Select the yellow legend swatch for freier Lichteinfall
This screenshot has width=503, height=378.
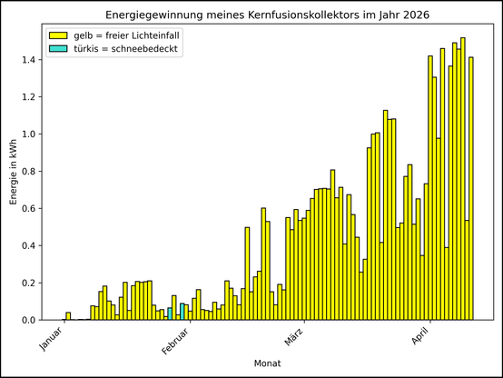(x=58, y=35)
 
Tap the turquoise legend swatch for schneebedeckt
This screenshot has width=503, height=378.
(x=58, y=48)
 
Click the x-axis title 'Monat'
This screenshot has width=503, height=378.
(x=267, y=363)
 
